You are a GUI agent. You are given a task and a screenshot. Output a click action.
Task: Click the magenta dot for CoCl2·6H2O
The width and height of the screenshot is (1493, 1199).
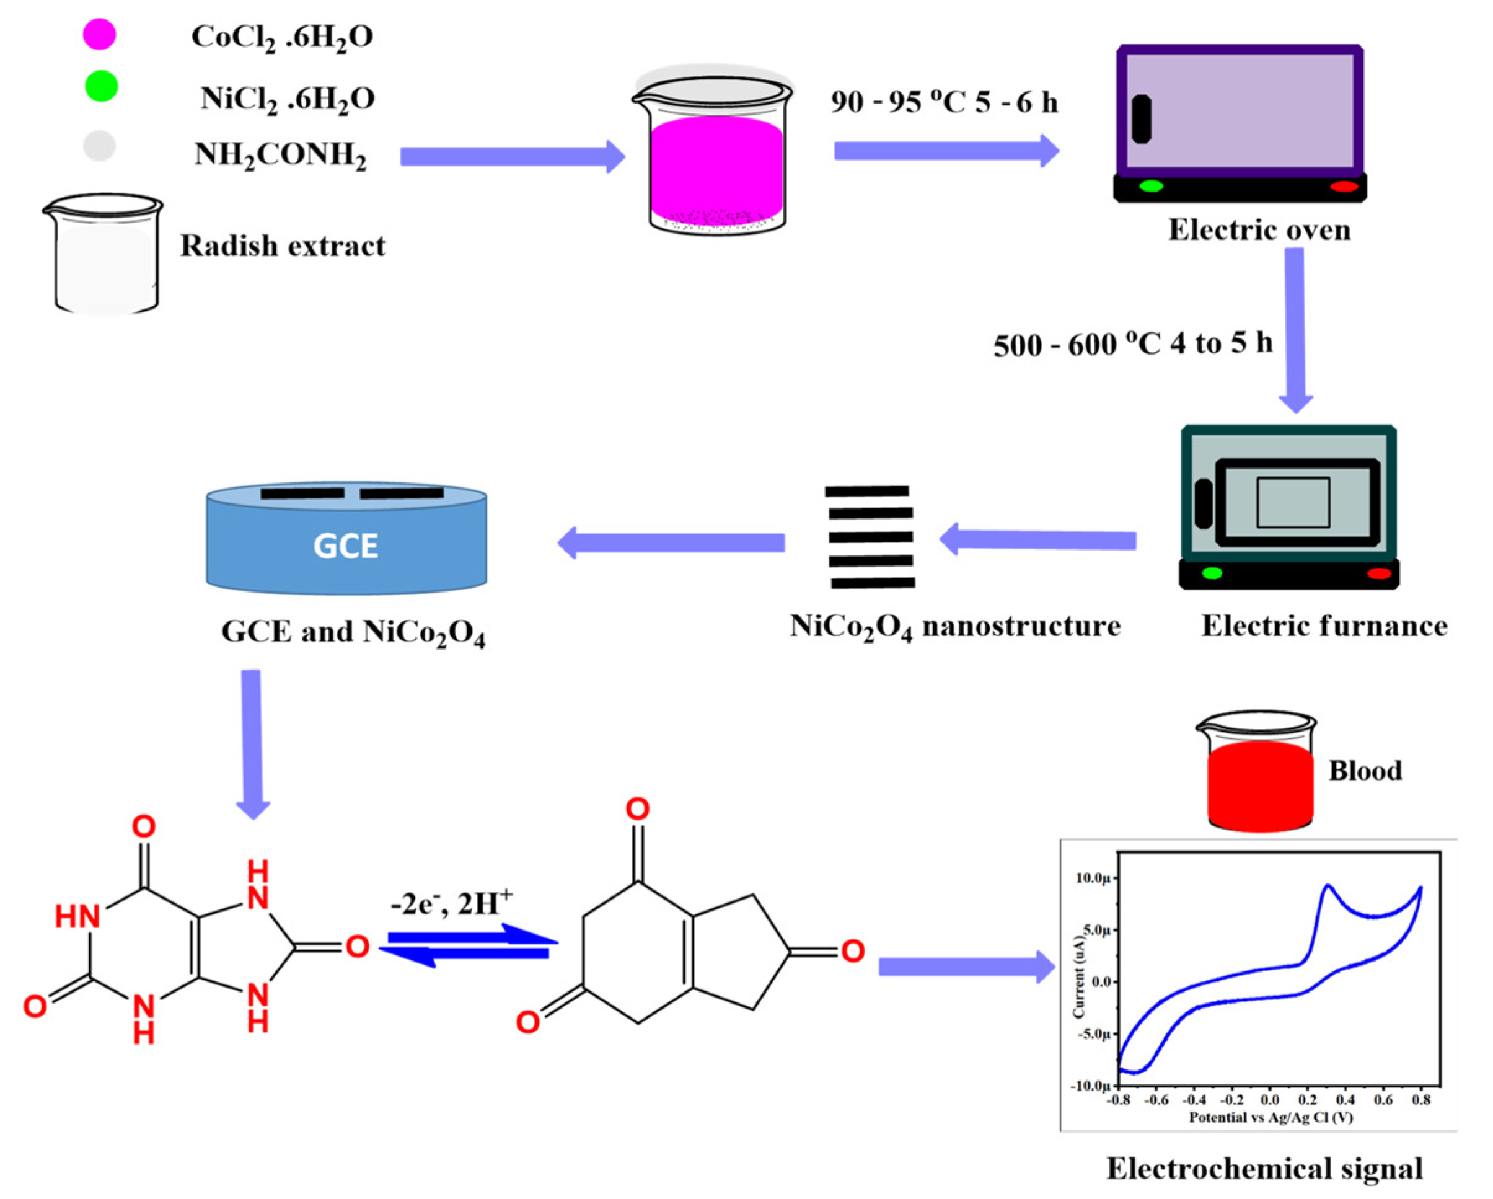99,34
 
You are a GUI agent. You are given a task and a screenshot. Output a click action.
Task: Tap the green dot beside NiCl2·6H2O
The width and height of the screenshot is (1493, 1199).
101,87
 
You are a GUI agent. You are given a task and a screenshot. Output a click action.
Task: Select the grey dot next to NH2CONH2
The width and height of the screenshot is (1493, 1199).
99,146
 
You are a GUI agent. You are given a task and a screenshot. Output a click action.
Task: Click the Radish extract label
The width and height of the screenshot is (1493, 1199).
283,246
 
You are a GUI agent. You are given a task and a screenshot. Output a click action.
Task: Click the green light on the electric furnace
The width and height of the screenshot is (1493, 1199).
1212,573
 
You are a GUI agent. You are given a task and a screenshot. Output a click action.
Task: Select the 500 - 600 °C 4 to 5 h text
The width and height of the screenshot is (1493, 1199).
1133,343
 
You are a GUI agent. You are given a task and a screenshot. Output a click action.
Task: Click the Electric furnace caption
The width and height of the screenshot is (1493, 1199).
1323,626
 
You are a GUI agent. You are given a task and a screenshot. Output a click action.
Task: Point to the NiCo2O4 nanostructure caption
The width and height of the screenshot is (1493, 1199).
955,627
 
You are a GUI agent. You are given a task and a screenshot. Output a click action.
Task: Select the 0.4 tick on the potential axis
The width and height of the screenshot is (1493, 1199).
1345,1100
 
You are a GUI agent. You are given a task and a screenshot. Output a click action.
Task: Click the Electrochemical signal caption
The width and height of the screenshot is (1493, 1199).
1264,1169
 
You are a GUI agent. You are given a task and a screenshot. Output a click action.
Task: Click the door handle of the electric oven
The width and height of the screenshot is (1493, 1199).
1141,119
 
